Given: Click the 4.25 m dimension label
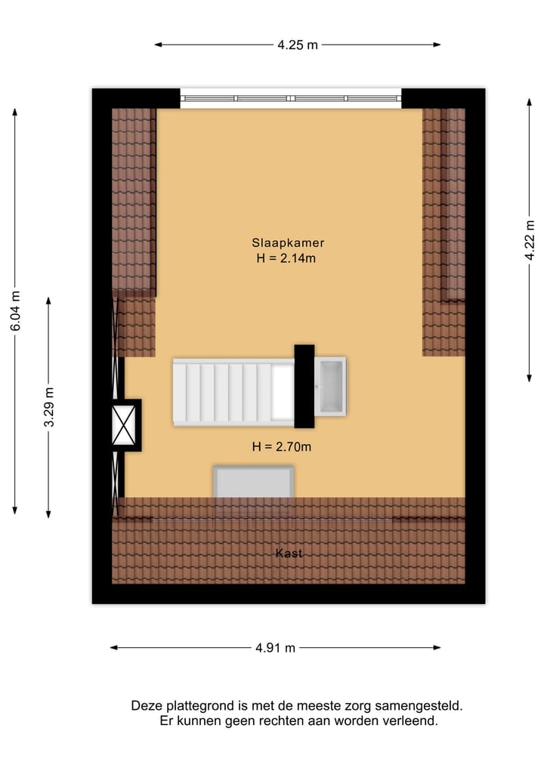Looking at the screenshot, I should pos(298,45).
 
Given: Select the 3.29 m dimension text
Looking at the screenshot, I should pos(49,408).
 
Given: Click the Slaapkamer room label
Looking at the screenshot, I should pos(288,243).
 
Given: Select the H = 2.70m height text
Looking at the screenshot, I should pos(282,446).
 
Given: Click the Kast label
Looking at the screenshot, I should pos(289,554).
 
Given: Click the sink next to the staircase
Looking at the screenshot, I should pos(331,387).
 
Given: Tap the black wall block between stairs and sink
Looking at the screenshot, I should pos(304,386).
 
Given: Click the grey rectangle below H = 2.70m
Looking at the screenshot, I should pos(253,482).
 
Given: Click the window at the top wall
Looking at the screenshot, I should pos(291,98).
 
